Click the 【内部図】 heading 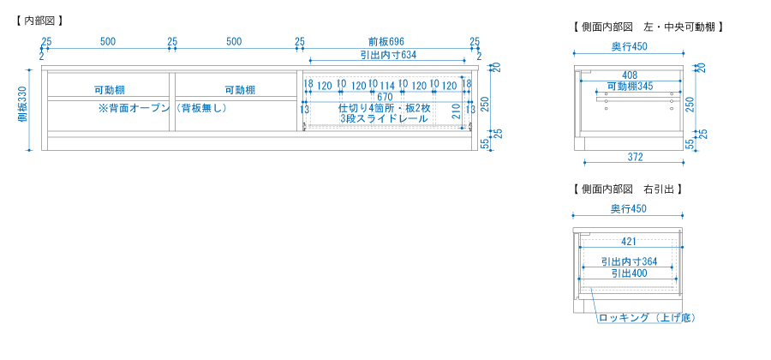point(39,21)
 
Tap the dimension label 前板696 point(386,41)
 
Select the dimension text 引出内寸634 point(388,55)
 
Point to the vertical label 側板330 point(22,110)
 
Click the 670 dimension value point(385,97)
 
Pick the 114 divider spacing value point(386,86)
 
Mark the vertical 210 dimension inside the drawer point(456,112)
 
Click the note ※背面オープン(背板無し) point(163,108)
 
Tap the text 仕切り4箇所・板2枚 point(385,108)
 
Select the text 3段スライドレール point(384,118)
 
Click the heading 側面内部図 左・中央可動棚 point(648,27)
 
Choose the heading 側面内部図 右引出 point(627,189)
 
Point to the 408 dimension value point(630,75)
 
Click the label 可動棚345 point(630,86)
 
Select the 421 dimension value point(629,242)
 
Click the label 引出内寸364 point(630,261)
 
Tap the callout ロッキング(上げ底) point(647,318)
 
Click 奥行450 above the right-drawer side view point(629,208)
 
